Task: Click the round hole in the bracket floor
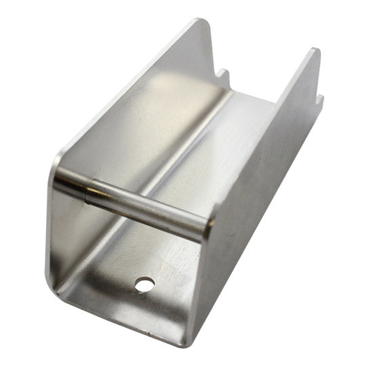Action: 144,284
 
